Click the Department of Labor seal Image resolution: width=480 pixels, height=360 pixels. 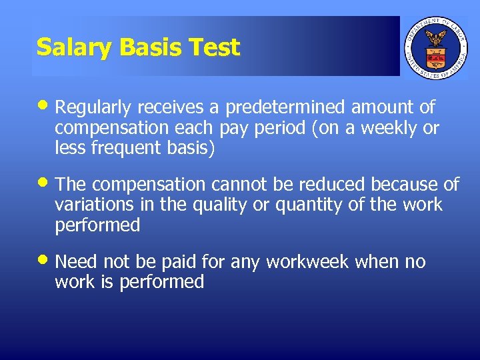(x=437, y=47)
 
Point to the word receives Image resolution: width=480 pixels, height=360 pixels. (x=179, y=107)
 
